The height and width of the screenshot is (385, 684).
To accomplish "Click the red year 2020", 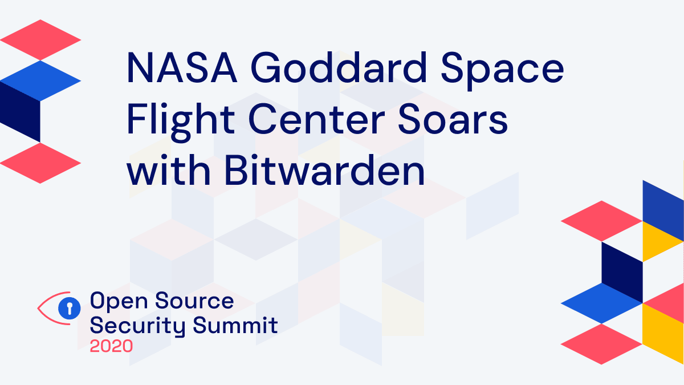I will point(111,346).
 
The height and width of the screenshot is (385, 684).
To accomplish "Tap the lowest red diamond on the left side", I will point(40,163).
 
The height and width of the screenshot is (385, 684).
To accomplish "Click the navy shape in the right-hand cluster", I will point(622,271).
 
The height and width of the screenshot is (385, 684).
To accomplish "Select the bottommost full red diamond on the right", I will point(602,344).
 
